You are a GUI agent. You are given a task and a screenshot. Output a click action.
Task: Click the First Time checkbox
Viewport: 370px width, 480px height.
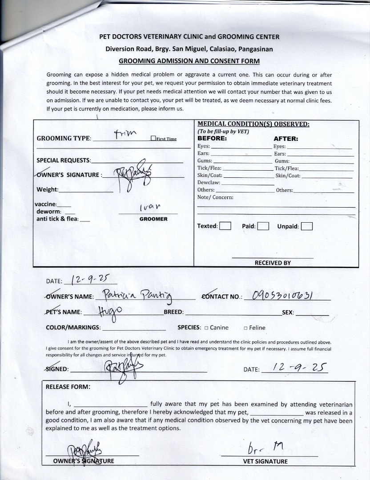(153, 138)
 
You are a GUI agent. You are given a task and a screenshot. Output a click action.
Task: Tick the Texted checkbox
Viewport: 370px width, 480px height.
(225, 226)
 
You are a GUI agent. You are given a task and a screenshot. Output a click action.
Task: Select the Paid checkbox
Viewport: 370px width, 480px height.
(263, 226)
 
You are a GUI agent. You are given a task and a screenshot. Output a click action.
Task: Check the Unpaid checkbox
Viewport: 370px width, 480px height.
(306, 226)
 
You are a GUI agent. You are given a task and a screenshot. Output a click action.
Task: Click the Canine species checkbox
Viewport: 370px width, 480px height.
(206, 328)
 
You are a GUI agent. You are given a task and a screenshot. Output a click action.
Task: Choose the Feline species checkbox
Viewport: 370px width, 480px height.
(245, 328)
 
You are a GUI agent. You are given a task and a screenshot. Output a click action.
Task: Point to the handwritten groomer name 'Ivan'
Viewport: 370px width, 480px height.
(149, 207)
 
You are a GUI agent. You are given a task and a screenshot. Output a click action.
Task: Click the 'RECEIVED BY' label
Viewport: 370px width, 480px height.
(273, 263)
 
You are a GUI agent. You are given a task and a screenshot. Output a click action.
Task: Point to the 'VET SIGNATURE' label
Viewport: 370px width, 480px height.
(265, 461)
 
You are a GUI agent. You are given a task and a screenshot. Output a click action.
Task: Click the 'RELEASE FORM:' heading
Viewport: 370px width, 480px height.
(68, 387)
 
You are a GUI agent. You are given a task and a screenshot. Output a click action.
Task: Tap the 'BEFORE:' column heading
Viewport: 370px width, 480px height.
(212, 138)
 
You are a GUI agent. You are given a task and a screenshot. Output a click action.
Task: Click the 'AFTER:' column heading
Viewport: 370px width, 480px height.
(286, 139)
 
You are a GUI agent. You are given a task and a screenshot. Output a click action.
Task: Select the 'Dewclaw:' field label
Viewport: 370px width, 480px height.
(209, 183)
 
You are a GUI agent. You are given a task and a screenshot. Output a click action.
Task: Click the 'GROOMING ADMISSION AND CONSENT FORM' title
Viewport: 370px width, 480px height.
(189, 61)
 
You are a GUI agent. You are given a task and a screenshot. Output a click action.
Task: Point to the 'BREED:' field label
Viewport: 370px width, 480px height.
(173, 312)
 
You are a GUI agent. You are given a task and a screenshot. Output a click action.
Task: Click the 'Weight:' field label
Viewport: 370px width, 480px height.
(47, 190)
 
